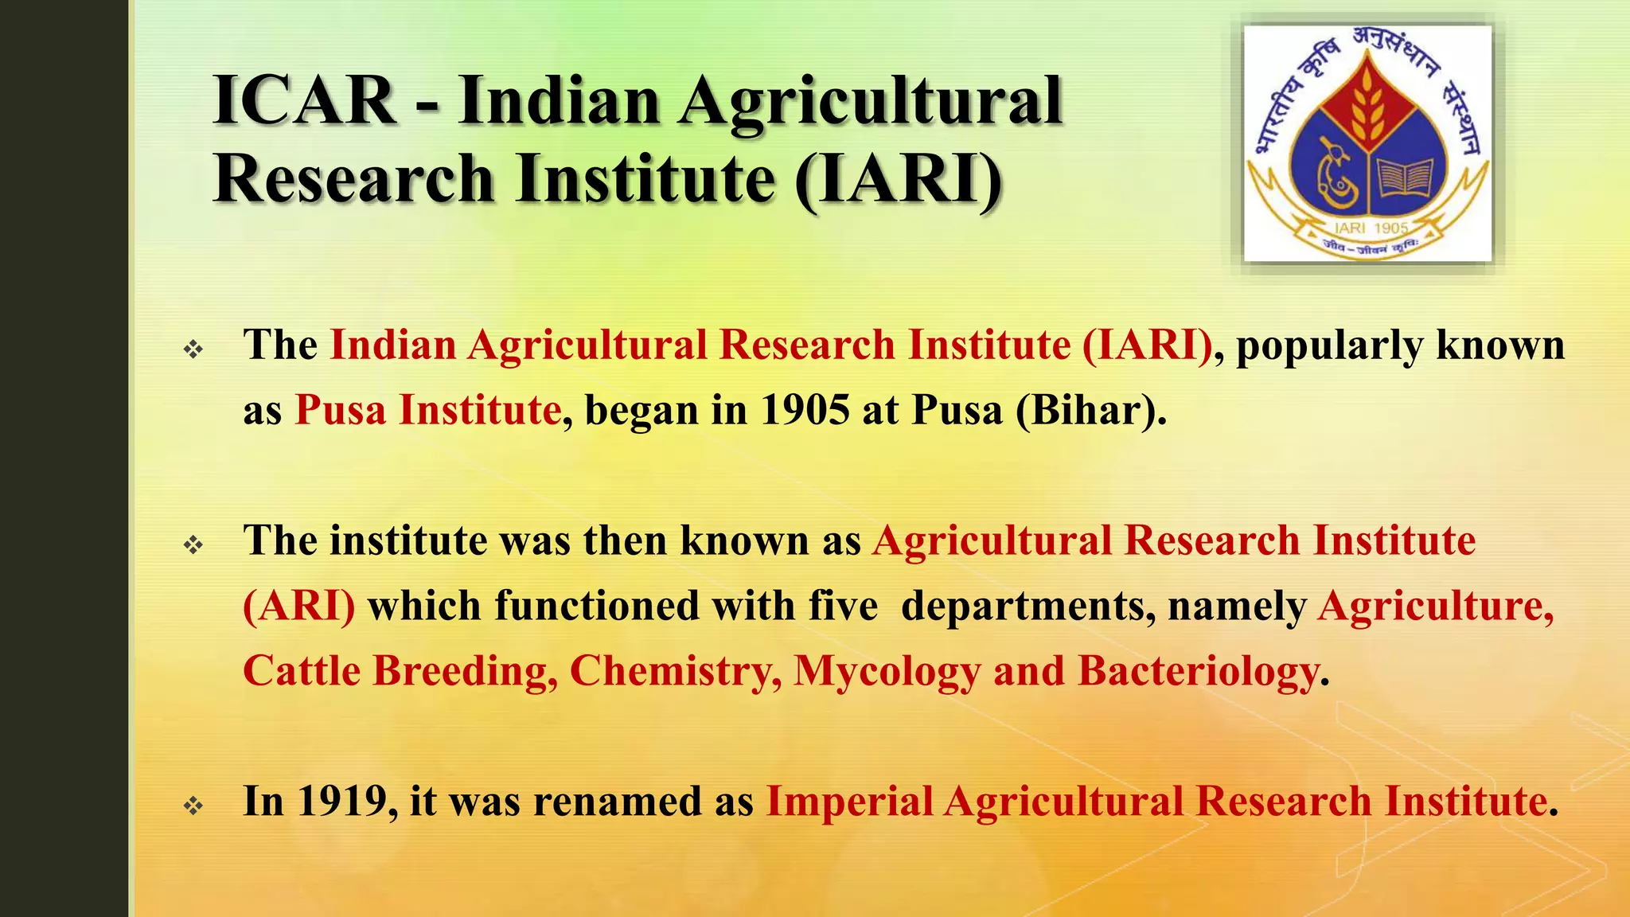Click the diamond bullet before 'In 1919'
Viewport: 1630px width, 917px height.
(193, 806)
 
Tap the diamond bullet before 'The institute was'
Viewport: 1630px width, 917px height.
(193, 545)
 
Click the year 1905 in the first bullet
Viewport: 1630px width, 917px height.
(805, 411)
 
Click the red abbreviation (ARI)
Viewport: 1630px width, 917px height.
(299, 607)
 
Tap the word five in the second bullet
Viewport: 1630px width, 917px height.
(843, 607)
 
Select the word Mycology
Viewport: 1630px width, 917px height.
(887, 672)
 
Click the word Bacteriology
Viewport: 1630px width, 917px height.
(1197, 672)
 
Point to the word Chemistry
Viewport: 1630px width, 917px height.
(675, 672)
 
